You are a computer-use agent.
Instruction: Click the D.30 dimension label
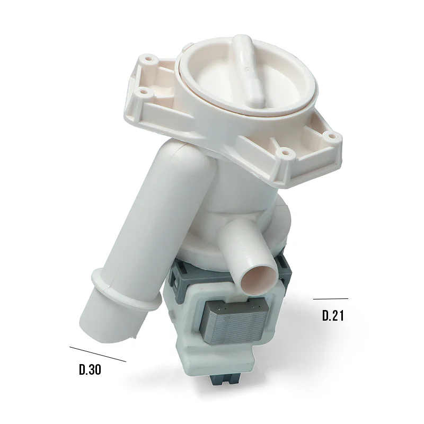(90, 369)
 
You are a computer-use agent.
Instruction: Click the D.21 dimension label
(333, 315)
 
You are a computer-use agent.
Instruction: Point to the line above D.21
(331, 299)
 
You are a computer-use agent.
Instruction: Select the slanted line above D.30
(98, 354)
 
